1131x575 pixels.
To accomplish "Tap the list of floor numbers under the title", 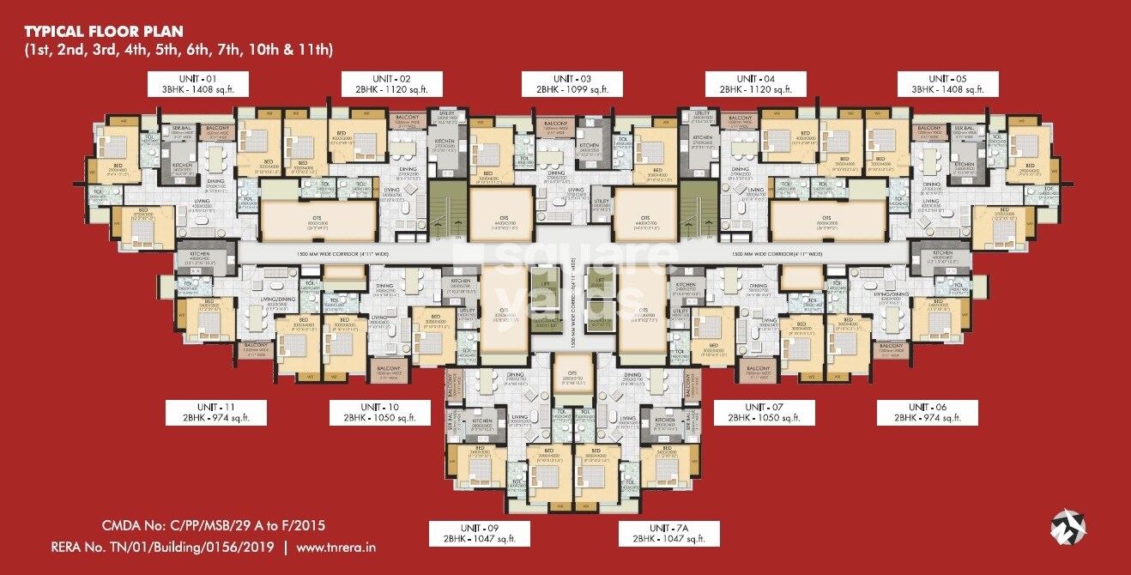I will [178, 51].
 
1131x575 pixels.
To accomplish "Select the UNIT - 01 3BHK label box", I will [197, 82].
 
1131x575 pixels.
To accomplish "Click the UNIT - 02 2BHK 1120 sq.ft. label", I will [392, 82].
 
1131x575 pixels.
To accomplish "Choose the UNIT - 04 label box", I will [756, 82].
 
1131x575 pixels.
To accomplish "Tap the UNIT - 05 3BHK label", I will [948, 82].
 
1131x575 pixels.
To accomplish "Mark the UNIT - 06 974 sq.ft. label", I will [927, 412].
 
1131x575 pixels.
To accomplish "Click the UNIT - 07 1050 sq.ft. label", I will [764, 412].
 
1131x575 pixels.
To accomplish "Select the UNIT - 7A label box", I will [669, 533].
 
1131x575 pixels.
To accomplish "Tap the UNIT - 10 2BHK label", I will [380, 412].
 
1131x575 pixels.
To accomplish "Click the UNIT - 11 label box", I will [216, 412].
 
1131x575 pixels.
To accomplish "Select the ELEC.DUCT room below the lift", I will [546, 324].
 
